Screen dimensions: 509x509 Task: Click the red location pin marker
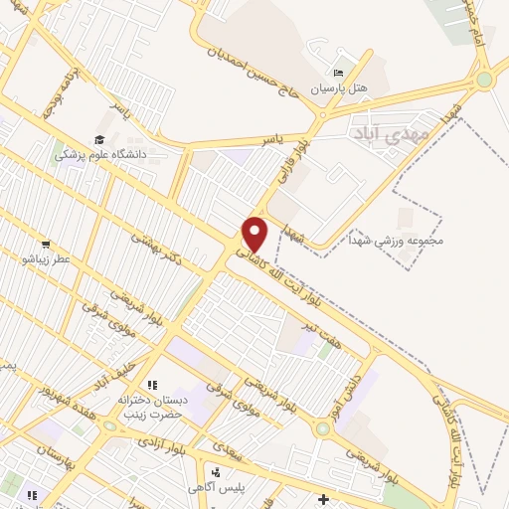[x=255, y=235]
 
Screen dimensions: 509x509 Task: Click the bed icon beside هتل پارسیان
[x=339, y=73]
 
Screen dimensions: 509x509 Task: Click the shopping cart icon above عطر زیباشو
[x=46, y=245]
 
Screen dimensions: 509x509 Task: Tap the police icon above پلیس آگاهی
[x=215, y=470]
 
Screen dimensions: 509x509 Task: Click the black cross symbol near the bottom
[x=322, y=498]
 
